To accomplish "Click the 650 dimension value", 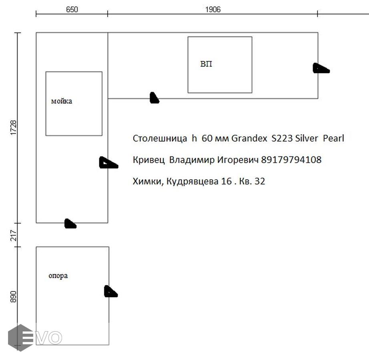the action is (x=72, y=10).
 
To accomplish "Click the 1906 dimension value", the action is (x=213, y=10).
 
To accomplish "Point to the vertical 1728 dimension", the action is (x=14, y=128).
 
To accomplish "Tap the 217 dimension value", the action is (x=14, y=235).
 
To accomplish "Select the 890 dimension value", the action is (x=14, y=297).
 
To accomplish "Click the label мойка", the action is (x=62, y=101).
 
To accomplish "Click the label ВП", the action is (x=206, y=64).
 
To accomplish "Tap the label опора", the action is (x=58, y=276).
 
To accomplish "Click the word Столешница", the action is (x=160, y=138).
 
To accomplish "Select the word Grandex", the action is (x=249, y=138).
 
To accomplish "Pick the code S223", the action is (x=282, y=138).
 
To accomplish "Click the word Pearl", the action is (x=333, y=138).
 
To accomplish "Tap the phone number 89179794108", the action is (x=291, y=160).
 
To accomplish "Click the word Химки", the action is (x=148, y=182).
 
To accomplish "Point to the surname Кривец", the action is (x=149, y=160).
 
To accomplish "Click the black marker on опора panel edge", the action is (x=110, y=291).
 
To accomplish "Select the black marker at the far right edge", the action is (x=321, y=68).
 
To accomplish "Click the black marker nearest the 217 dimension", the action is (x=70, y=224).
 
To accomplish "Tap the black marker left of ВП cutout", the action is (x=154, y=98).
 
